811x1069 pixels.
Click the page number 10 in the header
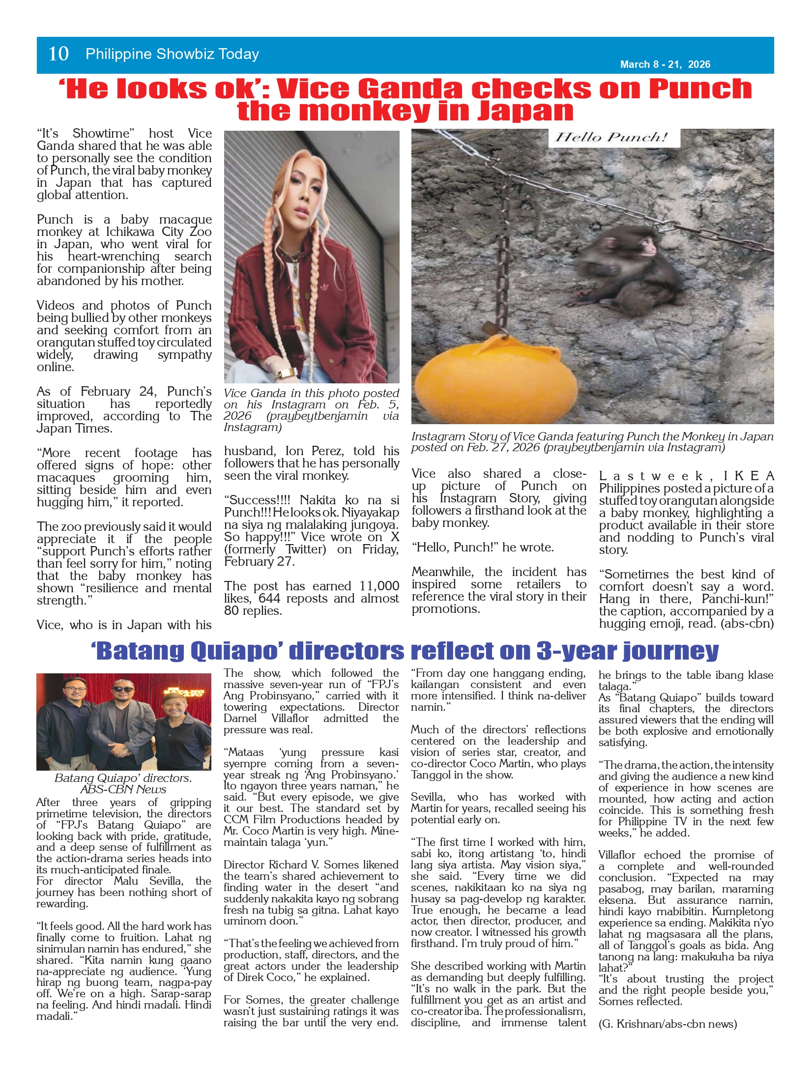(58, 54)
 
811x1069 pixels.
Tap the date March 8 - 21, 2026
(665, 64)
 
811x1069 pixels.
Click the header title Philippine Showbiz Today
(172, 54)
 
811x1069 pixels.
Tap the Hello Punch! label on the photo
(613, 137)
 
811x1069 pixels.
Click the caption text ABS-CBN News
(123, 789)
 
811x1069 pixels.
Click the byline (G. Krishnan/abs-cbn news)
(667, 1024)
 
